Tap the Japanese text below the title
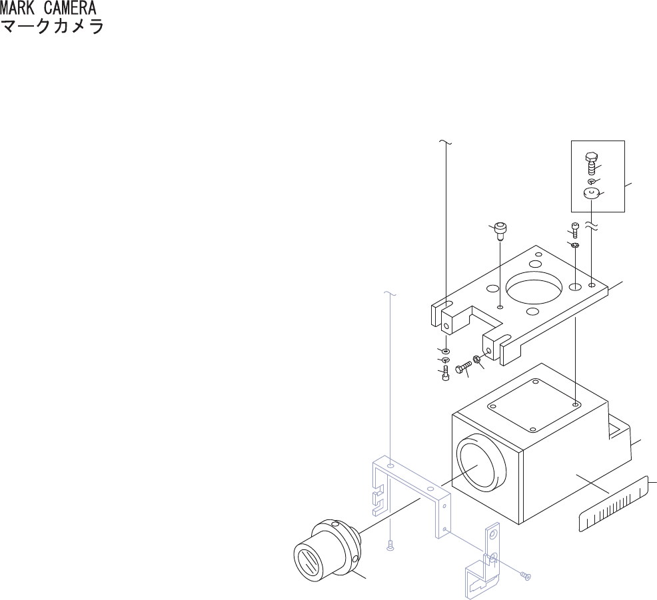[x=52, y=28]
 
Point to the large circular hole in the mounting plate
[x=534, y=288]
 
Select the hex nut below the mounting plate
[x=478, y=360]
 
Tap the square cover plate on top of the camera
[x=534, y=404]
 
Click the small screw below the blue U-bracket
[x=390, y=546]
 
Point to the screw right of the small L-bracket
[x=526, y=574]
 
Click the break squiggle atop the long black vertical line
[x=445, y=143]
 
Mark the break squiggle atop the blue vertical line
[x=392, y=294]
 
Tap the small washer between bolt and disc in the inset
[x=591, y=181]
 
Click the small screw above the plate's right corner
[x=575, y=230]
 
